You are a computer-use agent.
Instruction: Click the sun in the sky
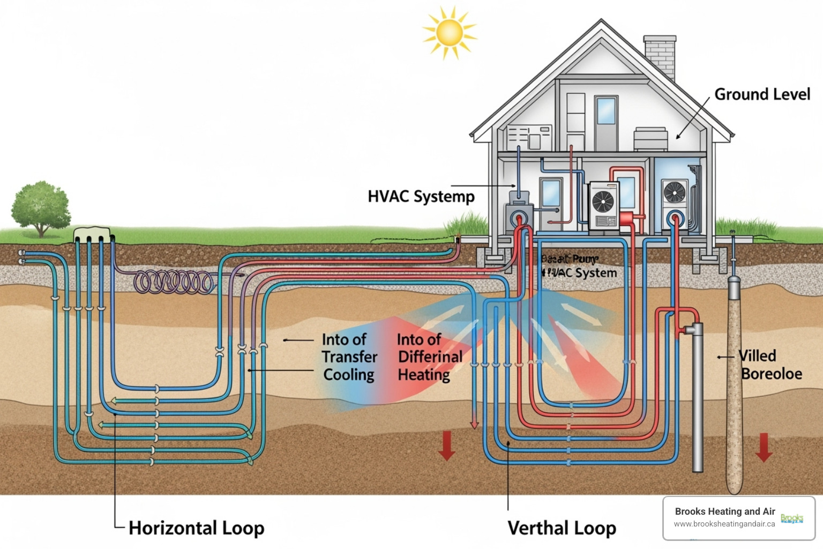[x=449, y=33]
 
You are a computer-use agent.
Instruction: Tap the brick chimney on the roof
[x=660, y=56]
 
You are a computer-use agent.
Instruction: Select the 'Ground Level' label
[x=762, y=94]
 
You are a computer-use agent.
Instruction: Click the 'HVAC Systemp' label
[x=421, y=196]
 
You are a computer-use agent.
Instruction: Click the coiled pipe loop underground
[x=174, y=281]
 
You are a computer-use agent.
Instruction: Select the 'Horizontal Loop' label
[x=196, y=528]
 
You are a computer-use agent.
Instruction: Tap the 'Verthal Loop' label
[x=562, y=528]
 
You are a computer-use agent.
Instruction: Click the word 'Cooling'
[x=349, y=374]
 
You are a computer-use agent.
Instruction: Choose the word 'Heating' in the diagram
[x=424, y=374]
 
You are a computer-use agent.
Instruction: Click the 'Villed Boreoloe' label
[x=770, y=365]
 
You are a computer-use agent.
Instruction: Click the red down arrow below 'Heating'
[x=446, y=446]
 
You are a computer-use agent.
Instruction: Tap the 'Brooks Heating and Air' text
[x=724, y=511]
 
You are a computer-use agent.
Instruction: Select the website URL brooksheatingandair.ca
[x=724, y=524]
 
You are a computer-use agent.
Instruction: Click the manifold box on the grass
[x=93, y=234]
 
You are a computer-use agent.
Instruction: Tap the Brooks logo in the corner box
[x=791, y=518]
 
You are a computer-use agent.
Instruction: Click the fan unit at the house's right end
[x=675, y=192]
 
